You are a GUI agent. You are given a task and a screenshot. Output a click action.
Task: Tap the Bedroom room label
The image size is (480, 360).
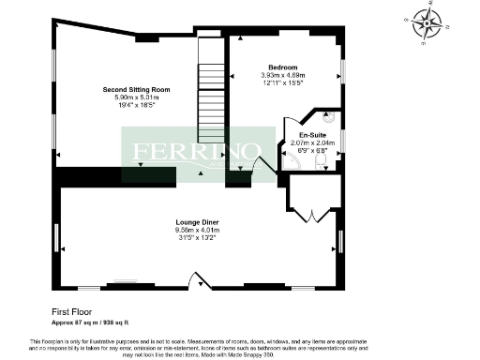point(283,67)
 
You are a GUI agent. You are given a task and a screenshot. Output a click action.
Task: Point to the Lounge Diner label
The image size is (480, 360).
point(196,221)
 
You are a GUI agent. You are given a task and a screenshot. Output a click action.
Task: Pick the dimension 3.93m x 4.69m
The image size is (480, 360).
point(283,76)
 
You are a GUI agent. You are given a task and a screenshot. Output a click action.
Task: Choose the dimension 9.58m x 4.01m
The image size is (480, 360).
point(196,230)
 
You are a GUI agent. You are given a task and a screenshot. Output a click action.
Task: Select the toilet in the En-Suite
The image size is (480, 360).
point(321,162)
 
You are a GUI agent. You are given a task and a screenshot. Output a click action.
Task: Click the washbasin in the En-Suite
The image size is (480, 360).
point(328,118)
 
